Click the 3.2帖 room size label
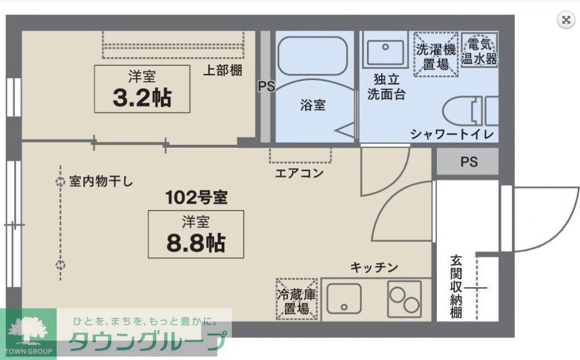point(142,98)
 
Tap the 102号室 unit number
point(196,198)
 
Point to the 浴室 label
point(313,105)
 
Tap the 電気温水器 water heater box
point(479,51)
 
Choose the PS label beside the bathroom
point(266,87)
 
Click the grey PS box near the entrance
point(468,162)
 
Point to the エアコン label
point(299,173)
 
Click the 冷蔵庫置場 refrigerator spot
point(297,301)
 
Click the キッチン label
point(374,267)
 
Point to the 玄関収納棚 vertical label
point(456,287)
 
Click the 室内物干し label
point(101,182)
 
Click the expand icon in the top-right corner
point(565,20)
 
